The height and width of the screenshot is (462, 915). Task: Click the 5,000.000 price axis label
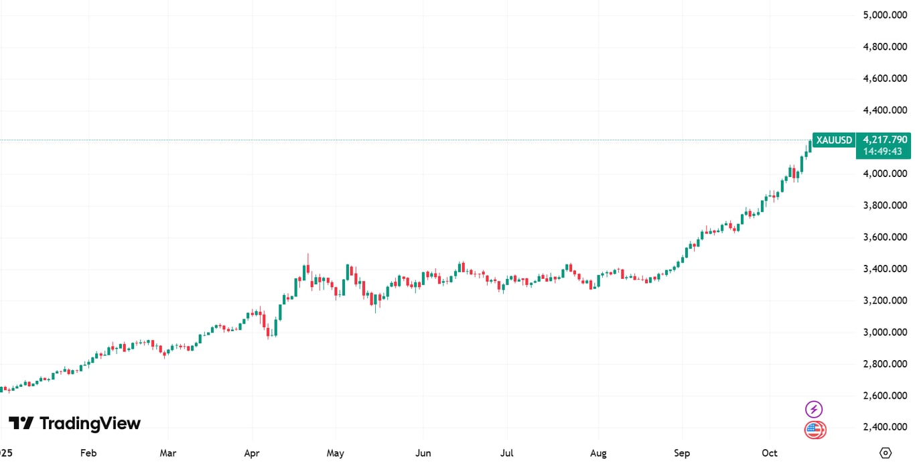[884, 15]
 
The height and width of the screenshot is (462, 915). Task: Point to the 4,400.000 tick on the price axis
[884, 110]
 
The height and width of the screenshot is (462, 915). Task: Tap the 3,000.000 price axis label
[884, 333]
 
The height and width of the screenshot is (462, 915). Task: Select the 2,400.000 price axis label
[884, 427]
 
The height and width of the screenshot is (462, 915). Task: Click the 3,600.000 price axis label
[884, 237]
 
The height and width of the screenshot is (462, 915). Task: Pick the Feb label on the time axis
[88, 453]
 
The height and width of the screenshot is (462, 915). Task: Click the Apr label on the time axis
[252, 453]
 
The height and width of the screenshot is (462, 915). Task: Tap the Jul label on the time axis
[507, 453]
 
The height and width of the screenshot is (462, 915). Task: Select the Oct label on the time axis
[770, 453]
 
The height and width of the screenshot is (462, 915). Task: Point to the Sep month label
[682, 453]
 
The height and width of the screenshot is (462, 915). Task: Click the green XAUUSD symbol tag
[834, 140]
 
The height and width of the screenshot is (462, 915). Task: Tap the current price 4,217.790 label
[885, 139]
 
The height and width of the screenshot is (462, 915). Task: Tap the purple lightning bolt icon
[814, 409]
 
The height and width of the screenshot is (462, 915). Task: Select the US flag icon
[815, 430]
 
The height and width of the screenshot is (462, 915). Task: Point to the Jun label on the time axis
[423, 453]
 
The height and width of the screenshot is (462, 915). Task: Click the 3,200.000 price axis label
[884, 300]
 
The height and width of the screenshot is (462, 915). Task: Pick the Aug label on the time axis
[598, 453]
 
